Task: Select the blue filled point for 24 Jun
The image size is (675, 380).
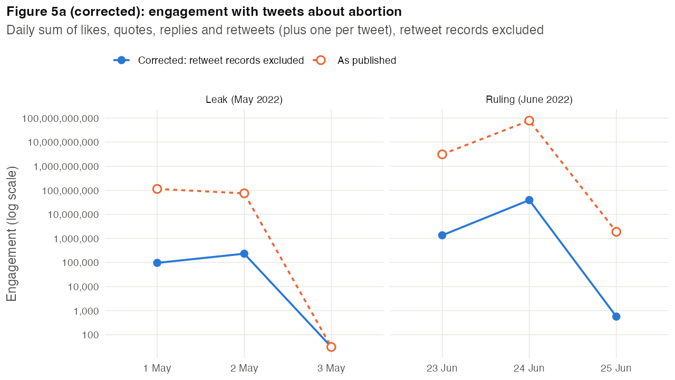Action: [x=529, y=200]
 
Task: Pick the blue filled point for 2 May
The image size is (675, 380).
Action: [x=244, y=254]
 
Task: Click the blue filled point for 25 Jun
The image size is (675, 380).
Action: [x=616, y=317]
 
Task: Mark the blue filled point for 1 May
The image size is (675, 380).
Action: [x=157, y=263]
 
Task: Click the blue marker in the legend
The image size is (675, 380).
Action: [x=121, y=60]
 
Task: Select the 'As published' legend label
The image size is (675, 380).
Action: [x=367, y=60]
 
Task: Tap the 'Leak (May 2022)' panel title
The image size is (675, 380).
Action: [x=244, y=100]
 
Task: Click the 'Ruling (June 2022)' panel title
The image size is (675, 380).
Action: [x=529, y=100]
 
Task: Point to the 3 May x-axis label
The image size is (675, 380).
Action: [x=331, y=368]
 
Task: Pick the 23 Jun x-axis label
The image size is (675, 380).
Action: [x=442, y=368]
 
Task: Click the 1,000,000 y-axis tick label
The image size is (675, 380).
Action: [x=76, y=239]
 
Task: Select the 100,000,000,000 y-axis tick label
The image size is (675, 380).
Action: [x=60, y=119]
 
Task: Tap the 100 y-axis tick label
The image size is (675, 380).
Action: [x=90, y=335]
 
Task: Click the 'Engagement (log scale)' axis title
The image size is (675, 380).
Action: [x=12, y=234]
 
